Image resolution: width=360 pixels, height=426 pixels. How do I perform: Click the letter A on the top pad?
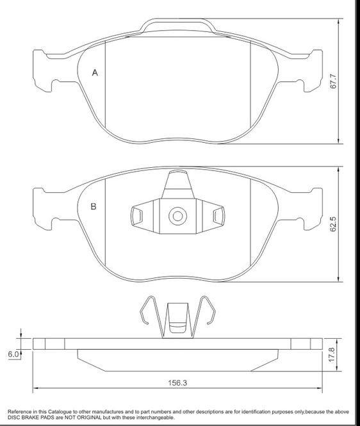(x=95, y=73)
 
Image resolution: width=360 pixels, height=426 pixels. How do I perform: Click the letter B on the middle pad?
(x=94, y=206)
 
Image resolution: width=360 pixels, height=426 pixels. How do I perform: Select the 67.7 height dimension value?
(x=333, y=81)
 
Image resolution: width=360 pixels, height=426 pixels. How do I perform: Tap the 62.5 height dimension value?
(x=333, y=224)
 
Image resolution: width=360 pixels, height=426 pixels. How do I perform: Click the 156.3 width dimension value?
(x=177, y=383)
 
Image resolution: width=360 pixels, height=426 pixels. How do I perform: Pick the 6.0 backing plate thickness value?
(x=13, y=354)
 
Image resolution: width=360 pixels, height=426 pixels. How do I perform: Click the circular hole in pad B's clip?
(x=177, y=217)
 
